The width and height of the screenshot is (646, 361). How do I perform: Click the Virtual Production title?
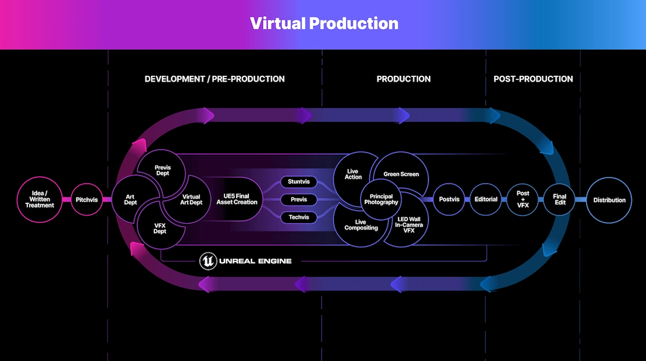(324, 24)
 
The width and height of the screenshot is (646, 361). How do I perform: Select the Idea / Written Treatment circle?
(40, 200)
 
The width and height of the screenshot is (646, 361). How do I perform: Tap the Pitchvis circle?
(86, 200)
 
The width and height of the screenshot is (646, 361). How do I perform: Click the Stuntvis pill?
(299, 182)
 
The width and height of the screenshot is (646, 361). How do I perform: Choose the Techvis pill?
(299, 217)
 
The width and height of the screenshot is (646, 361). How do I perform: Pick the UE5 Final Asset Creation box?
(237, 199)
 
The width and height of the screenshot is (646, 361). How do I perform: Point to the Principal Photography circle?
(381, 199)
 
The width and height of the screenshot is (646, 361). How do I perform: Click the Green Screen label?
(401, 174)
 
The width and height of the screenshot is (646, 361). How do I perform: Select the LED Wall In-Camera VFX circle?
(409, 225)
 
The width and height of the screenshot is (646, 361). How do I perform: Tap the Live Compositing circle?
(361, 225)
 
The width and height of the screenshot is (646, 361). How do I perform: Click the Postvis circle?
(449, 200)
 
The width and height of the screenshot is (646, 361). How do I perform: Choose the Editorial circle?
(486, 200)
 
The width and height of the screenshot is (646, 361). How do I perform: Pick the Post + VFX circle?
(523, 200)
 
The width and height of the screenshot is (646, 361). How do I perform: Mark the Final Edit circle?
(560, 200)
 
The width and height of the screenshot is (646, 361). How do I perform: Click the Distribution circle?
(609, 200)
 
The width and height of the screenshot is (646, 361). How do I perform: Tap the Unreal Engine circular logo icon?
(208, 261)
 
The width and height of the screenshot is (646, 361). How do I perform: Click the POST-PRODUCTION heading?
(533, 79)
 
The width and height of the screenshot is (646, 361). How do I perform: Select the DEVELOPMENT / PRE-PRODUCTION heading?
(214, 79)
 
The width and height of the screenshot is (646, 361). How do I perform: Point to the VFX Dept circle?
(160, 229)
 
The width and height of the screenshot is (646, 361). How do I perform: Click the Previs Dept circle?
(163, 170)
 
